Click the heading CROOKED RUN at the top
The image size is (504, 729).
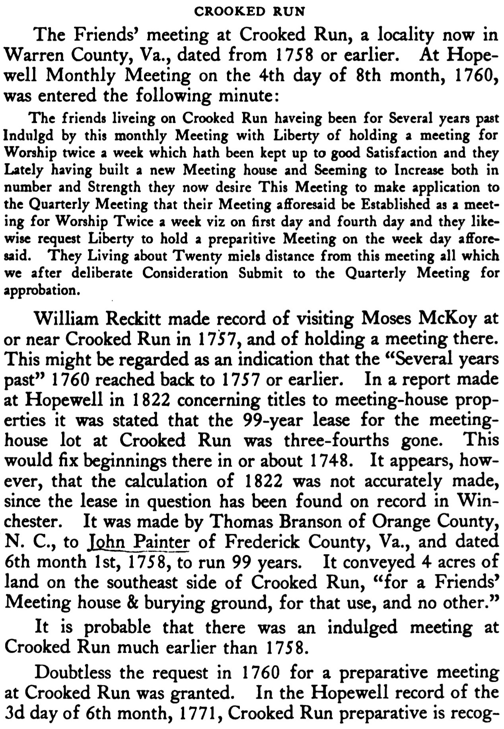point(249,12)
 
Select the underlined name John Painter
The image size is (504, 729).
point(138,542)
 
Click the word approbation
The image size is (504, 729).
point(39,291)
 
